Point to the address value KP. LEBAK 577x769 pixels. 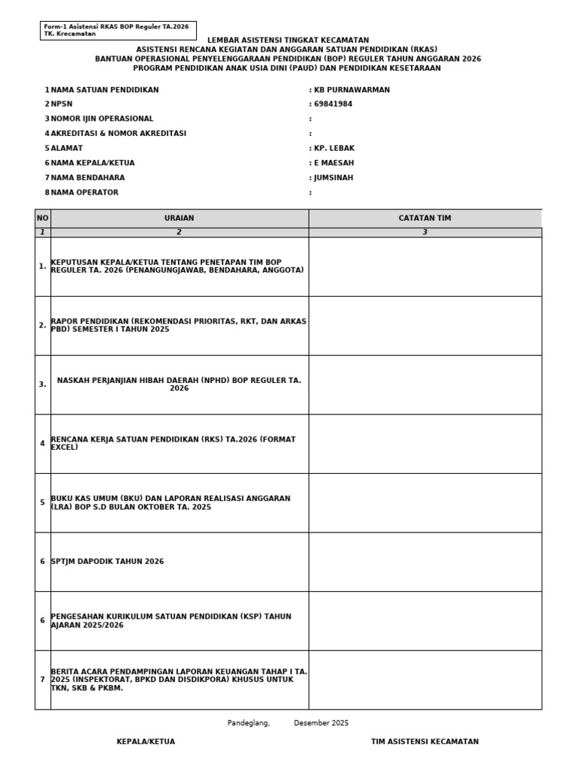point(334,149)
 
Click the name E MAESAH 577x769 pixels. point(334,163)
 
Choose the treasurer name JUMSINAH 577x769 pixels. point(334,178)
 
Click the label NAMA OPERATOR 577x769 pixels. point(84,193)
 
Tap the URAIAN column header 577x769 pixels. point(179,218)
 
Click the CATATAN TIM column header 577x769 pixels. point(424,218)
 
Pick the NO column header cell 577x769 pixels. point(42,218)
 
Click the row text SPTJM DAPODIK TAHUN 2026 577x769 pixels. point(107,562)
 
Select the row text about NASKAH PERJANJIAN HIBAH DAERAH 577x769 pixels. point(179,384)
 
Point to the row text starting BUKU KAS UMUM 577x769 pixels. point(170,502)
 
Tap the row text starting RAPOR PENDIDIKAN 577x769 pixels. point(178,325)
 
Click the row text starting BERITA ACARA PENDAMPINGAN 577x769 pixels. point(179,680)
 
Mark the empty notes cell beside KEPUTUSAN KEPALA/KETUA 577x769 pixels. point(424,267)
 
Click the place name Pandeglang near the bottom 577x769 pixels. point(248,723)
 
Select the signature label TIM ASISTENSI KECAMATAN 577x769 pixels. point(424,742)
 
